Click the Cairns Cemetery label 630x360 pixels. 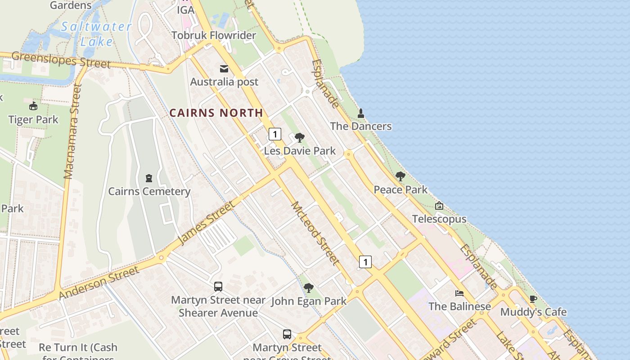149,191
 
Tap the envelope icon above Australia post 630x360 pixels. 224,69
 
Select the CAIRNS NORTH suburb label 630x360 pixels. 216,113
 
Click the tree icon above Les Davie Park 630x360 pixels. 300,138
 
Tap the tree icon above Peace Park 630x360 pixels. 400,176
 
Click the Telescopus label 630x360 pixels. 439,219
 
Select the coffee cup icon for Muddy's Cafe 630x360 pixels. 533,299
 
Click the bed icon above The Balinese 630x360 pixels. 459,293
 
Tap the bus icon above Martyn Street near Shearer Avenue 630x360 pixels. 218,287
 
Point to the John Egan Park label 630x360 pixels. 309,301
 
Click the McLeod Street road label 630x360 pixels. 315,233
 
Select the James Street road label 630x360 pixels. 207,224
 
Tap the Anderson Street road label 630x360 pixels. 99,283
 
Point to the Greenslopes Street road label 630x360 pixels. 61,59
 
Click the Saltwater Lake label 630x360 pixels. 96,34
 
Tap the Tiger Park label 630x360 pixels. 33,120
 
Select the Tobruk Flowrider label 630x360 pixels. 214,35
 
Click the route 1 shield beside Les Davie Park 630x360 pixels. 274,134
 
